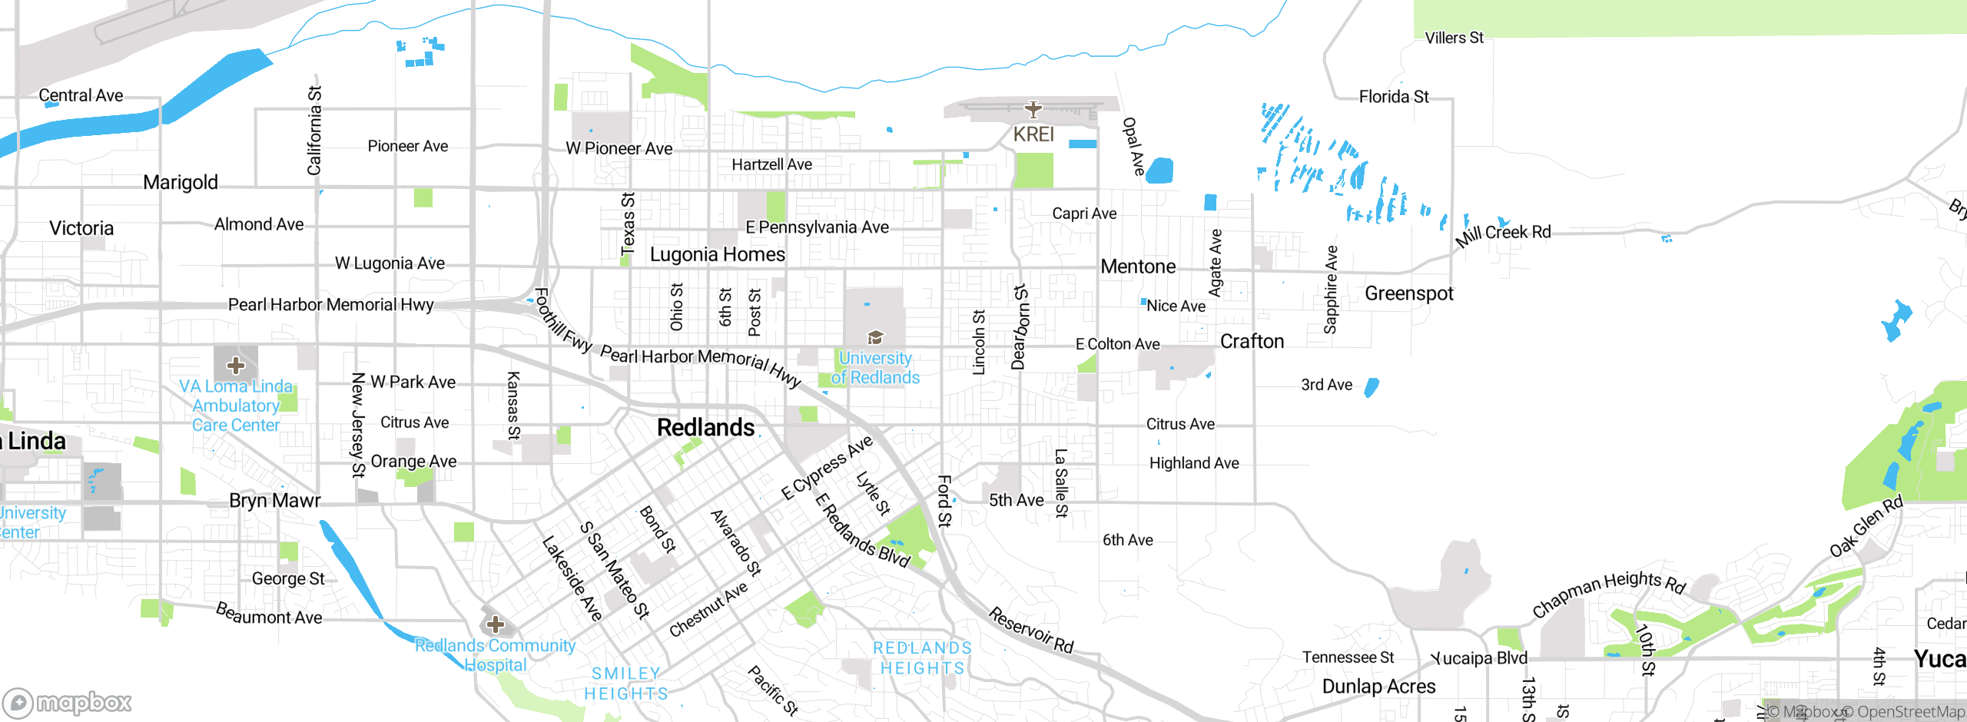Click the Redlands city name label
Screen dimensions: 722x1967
point(705,428)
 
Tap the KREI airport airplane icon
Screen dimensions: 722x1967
point(1033,110)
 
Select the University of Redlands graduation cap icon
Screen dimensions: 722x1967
point(875,337)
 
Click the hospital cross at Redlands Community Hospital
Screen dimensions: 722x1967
point(496,624)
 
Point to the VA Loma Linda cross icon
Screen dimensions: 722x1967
point(236,366)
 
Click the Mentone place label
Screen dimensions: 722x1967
point(1138,267)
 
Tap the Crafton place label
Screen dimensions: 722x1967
point(1252,342)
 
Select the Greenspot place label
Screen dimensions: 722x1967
point(1408,293)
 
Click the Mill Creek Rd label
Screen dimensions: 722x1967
point(1503,233)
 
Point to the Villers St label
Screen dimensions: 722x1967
point(1454,38)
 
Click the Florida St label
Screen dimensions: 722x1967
point(1394,97)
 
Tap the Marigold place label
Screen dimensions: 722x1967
point(181,183)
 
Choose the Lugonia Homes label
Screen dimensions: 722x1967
point(717,254)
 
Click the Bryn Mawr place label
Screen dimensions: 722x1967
point(274,501)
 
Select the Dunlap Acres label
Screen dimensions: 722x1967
point(1378,687)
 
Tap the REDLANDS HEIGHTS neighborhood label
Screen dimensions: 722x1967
point(922,658)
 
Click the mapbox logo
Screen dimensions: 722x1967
point(68,702)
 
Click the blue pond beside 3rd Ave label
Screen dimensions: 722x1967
point(1371,388)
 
